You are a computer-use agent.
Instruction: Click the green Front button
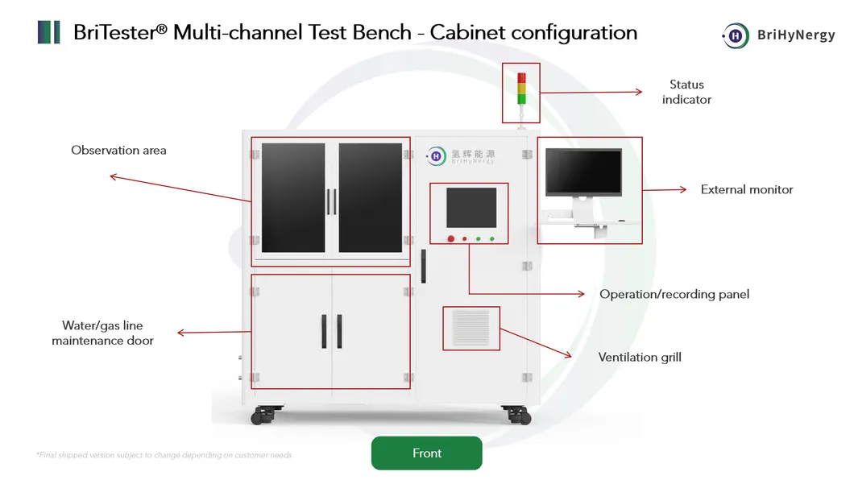click(x=426, y=453)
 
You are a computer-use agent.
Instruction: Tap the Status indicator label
click(x=686, y=92)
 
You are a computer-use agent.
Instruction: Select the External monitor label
click(x=747, y=190)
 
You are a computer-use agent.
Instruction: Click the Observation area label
click(x=118, y=151)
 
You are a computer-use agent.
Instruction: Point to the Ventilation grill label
click(x=640, y=357)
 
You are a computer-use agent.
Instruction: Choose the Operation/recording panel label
click(x=674, y=294)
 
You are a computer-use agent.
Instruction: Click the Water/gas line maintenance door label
click(x=102, y=333)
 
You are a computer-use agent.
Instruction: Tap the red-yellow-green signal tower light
click(x=520, y=88)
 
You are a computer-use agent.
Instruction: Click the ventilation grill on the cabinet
click(x=471, y=328)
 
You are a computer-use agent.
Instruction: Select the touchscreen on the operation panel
click(x=471, y=208)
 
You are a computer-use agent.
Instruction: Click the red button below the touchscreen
click(x=451, y=238)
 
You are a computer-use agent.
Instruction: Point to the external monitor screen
click(x=583, y=172)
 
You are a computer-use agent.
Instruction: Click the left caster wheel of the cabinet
click(x=263, y=416)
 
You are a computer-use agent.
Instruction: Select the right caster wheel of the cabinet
click(x=516, y=416)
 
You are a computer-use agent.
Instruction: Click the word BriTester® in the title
click(x=119, y=33)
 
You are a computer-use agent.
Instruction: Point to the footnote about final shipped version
click(x=164, y=455)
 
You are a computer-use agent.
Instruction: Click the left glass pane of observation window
click(x=293, y=198)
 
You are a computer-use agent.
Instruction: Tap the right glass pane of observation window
click(x=370, y=198)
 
